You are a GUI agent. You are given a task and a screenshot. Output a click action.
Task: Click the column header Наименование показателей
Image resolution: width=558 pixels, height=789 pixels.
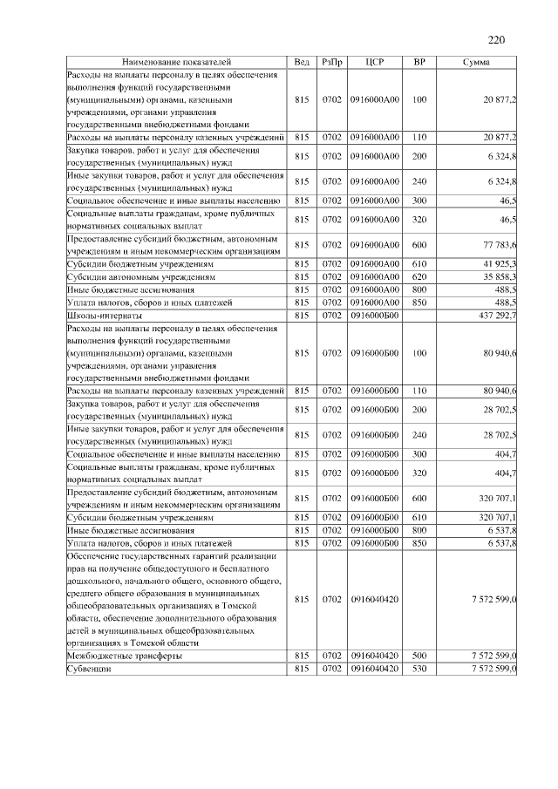point(177,63)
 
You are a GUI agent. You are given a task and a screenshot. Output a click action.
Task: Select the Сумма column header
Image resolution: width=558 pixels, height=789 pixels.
point(475,63)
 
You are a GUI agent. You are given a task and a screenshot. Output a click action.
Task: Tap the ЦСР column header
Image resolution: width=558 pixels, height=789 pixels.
point(375,63)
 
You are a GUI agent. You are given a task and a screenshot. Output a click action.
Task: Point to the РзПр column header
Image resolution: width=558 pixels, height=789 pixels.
point(331,63)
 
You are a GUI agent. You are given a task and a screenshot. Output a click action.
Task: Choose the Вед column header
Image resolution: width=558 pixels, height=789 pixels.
point(302,63)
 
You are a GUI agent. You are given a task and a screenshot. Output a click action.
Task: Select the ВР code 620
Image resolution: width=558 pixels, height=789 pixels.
point(418,275)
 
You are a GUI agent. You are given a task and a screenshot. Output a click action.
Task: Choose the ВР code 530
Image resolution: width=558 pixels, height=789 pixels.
point(418,668)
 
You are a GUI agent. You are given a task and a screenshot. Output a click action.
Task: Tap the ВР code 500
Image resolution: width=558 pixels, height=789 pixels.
point(418,655)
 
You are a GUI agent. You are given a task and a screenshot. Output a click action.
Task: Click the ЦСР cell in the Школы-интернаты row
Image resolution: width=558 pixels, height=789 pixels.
point(375,315)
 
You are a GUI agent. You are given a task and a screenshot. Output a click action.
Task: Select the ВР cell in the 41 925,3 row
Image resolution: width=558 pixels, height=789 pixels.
point(418,262)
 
